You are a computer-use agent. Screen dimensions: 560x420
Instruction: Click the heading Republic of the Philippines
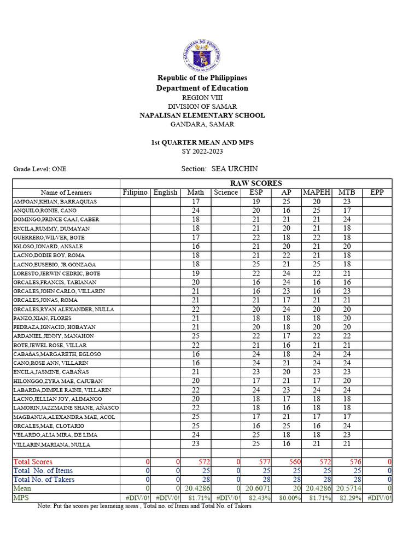[x=202, y=78]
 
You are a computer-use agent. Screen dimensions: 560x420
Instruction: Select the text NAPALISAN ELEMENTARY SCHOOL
[x=202, y=115]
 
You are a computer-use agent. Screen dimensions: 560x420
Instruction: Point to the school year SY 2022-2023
[x=202, y=151]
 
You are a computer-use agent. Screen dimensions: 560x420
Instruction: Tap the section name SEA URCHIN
[x=235, y=169]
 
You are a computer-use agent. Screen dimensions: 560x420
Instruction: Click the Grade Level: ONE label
[x=40, y=170]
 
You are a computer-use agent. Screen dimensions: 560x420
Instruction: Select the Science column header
[x=226, y=192]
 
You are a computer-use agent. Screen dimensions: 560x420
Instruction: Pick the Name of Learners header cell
[x=66, y=192]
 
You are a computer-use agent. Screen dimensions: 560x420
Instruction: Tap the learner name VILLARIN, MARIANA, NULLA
[x=51, y=445]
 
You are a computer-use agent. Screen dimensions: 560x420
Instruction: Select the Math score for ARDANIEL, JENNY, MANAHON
[x=195, y=336]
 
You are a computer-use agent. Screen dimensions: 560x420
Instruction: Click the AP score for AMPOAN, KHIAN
[x=286, y=202]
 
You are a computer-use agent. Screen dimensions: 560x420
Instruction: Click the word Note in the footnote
[x=44, y=506]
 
